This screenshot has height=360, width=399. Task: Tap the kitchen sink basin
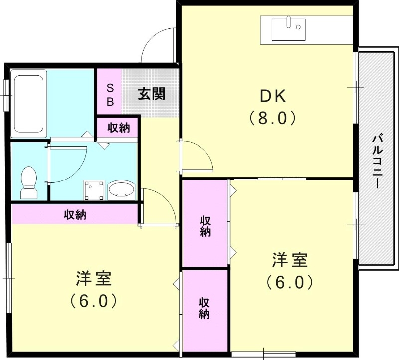click(288, 29)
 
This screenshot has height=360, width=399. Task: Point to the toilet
click(28, 180)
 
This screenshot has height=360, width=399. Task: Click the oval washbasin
click(121, 190)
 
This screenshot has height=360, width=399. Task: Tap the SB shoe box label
click(110, 95)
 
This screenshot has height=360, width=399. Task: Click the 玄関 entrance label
click(152, 93)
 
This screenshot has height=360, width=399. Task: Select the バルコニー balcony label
click(378, 161)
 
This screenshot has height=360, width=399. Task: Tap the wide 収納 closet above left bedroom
click(75, 215)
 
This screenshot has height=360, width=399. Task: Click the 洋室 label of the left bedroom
click(94, 278)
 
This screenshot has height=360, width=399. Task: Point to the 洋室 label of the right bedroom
click(289, 260)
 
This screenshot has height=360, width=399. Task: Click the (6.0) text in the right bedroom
click(289, 283)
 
